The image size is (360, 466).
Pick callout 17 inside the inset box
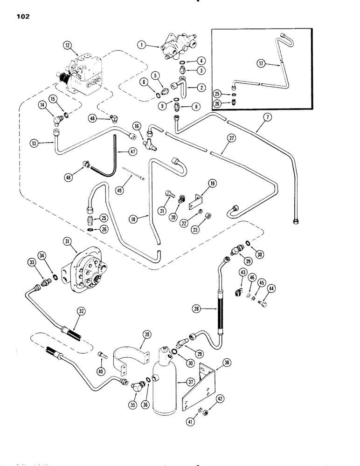point(264,63)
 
